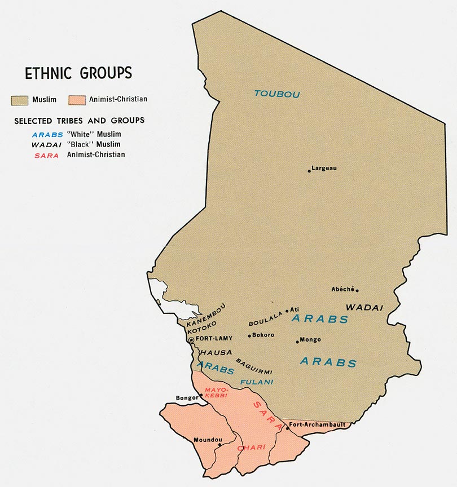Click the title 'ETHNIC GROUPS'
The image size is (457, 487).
point(78,73)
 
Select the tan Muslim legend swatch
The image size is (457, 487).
point(20,100)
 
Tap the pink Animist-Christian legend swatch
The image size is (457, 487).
point(76,100)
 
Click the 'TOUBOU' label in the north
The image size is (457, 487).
point(276,94)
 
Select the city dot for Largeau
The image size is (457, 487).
point(309,171)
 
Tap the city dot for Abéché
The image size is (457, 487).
point(357,290)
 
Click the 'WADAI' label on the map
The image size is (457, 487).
point(364,308)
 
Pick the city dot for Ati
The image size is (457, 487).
point(287,310)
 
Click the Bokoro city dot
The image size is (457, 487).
point(249,336)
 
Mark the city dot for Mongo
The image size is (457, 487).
point(297,341)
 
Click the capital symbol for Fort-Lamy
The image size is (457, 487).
point(191,340)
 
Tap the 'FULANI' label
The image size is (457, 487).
point(256,382)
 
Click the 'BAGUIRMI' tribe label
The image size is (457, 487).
point(254,366)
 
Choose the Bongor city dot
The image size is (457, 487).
point(201,396)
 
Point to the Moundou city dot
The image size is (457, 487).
point(220,445)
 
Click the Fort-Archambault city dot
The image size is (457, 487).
point(287,428)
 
